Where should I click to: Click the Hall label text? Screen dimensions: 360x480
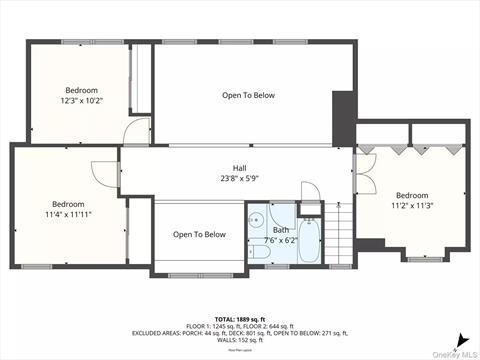click(x=239, y=168)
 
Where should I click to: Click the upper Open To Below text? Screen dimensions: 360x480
click(x=247, y=95)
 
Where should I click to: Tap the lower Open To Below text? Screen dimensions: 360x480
click(x=199, y=235)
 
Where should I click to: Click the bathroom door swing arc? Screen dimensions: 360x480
click(x=309, y=192)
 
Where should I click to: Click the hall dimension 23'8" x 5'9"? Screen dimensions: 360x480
click(x=239, y=179)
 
